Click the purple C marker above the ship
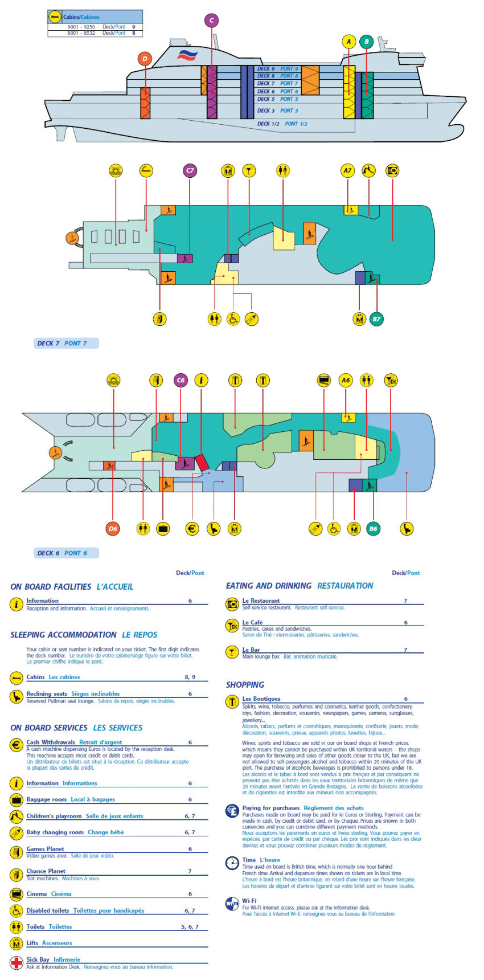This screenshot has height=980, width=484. [211, 21]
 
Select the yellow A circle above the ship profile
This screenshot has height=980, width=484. [348, 42]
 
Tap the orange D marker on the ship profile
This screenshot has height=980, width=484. [145, 59]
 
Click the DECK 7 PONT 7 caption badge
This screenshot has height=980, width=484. [65, 343]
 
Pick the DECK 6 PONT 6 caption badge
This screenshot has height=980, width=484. [65, 553]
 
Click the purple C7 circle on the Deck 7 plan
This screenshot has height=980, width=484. [190, 170]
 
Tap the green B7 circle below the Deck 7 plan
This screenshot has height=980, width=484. [376, 319]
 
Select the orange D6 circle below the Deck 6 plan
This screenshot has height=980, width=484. [113, 529]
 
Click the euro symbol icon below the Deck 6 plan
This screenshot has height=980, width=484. [192, 529]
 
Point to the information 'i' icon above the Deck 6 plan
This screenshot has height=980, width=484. [201, 380]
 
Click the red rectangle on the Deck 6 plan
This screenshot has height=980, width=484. [202, 462]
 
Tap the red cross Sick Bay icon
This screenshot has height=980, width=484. [17, 963]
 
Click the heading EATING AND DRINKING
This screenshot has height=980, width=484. [269, 586]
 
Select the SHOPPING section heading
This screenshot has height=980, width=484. [245, 685]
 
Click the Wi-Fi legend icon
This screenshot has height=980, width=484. [232, 904]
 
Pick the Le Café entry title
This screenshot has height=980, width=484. [252, 622]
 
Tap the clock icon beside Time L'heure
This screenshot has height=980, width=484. [232, 863]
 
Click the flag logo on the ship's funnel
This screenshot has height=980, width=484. [187, 55]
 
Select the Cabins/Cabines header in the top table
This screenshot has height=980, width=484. [81, 17]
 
